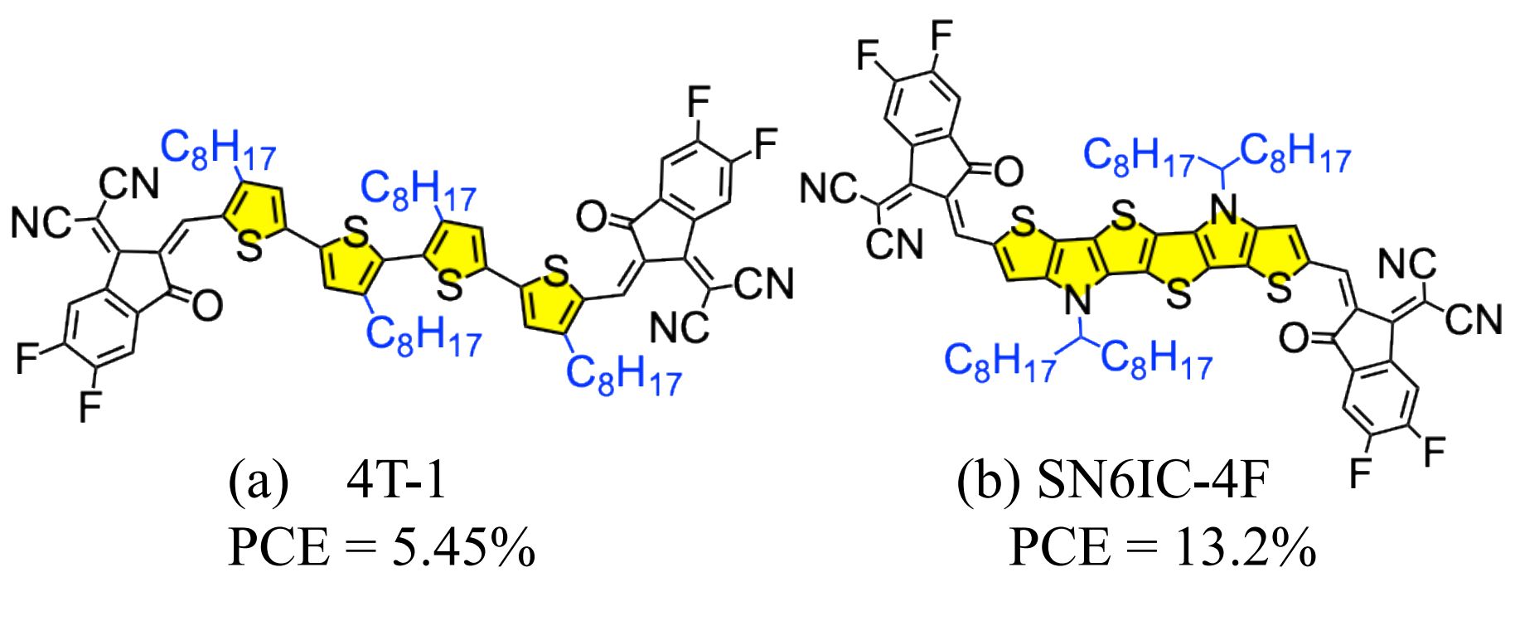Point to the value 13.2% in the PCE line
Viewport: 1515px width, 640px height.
(x=1244, y=549)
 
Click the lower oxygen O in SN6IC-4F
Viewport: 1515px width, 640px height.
(x=1294, y=338)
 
